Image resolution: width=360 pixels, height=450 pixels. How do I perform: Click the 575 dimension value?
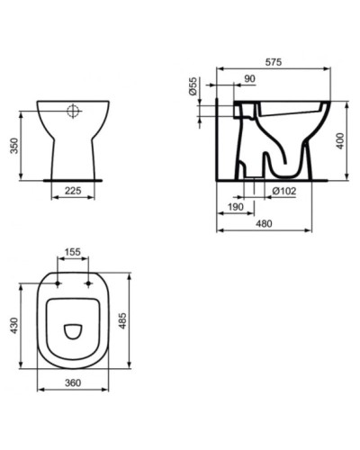coord(274,62)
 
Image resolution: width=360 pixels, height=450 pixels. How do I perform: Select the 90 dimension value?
coord(248,80)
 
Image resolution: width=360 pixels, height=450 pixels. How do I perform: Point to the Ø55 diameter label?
coord(193,89)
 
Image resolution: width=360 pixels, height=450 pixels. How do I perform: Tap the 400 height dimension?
coord(341,139)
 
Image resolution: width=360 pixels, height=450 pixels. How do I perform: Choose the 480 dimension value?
coord(265,224)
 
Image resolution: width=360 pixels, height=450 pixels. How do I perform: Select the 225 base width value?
coord(74,191)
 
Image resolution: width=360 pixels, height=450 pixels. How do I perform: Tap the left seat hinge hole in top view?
coord(58,283)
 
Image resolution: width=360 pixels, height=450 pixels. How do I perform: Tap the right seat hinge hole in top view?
coord(90,283)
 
